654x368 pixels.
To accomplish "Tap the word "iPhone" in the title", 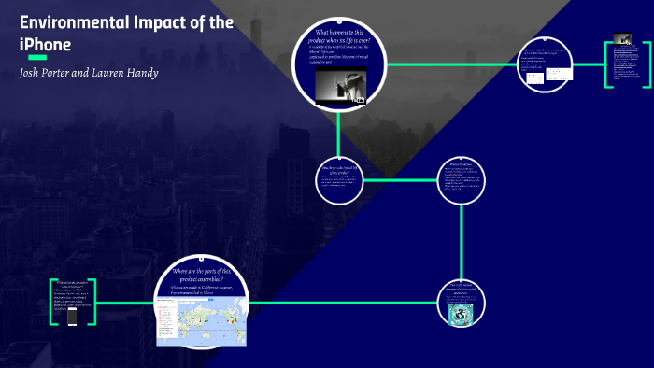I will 45,45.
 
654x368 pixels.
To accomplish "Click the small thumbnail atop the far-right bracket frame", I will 622,39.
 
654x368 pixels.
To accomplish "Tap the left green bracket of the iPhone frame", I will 52,302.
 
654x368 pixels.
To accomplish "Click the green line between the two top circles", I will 452,65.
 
